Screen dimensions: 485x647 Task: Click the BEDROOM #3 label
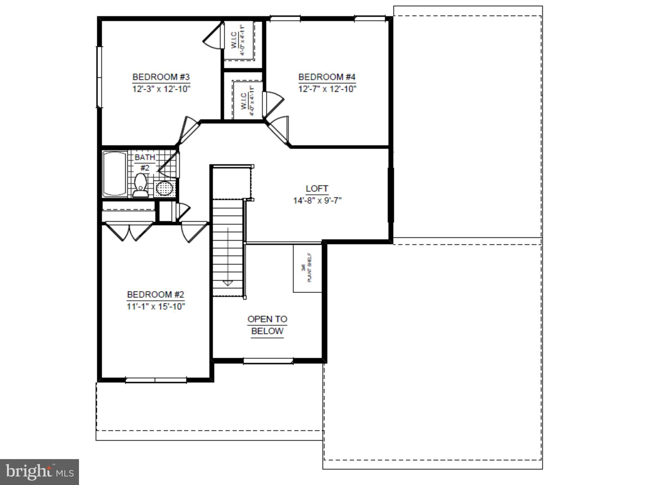point(161,77)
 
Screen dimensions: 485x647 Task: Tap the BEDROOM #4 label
point(327,77)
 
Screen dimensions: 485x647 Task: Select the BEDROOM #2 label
point(155,295)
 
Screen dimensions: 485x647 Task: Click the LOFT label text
point(317,189)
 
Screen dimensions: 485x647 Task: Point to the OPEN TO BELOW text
point(267,325)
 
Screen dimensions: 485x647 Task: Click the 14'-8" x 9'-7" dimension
point(317,201)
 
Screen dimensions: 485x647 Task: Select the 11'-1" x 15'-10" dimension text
point(156,307)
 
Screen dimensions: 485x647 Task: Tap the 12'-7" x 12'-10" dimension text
point(327,89)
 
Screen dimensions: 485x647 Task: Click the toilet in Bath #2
point(140,186)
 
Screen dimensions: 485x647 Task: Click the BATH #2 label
point(145,162)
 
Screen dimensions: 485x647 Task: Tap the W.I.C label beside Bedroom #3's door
point(234,40)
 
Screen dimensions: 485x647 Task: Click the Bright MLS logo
point(39,472)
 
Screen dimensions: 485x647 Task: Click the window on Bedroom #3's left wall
point(100,77)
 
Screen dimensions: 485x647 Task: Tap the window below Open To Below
point(268,361)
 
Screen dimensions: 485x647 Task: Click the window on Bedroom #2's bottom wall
point(156,380)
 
